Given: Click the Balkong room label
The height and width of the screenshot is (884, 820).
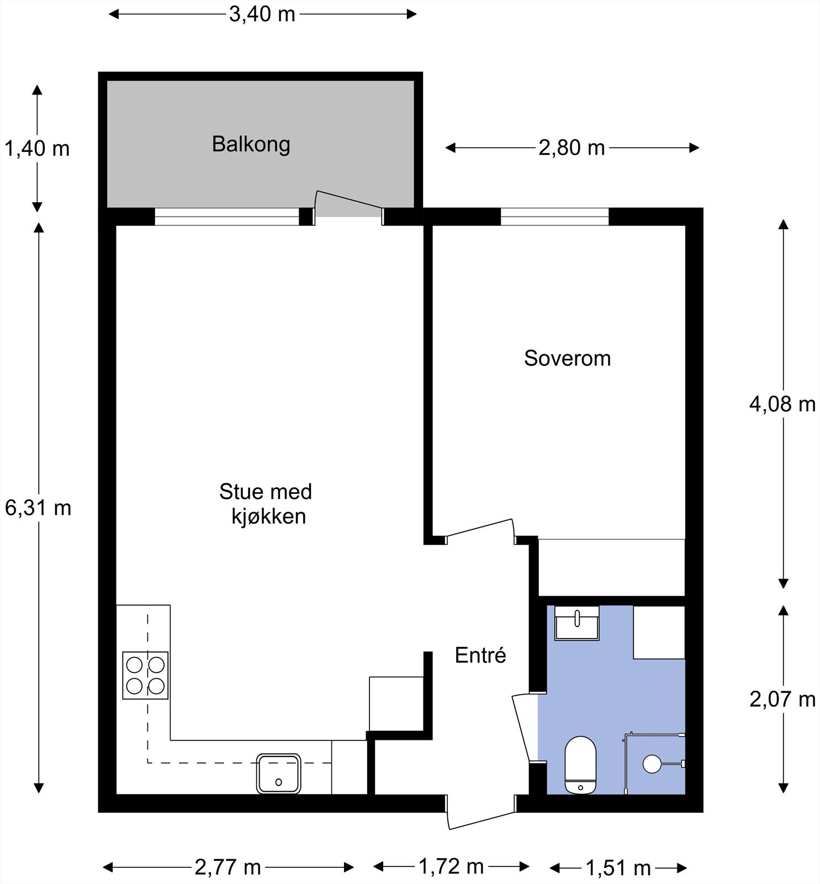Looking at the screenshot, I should click(251, 144).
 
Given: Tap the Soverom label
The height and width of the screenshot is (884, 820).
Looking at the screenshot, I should click(567, 359).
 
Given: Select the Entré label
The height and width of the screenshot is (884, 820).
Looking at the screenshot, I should click(480, 655).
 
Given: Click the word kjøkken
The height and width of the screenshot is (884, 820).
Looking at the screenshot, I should click(268, 517).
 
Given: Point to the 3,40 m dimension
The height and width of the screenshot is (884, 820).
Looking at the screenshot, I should click(262, 14).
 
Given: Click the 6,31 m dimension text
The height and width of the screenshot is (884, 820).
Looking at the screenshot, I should click(38, 508).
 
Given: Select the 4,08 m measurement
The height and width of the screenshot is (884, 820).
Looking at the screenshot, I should click(782, 404).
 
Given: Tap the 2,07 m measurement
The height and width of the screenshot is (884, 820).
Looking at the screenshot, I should click(782, 699).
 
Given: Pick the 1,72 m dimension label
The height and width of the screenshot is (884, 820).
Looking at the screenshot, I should click(451, 866).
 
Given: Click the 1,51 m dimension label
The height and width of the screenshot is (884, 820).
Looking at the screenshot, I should click(618, 868).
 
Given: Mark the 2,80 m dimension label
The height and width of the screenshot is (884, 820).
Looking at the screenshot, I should click(572, 148).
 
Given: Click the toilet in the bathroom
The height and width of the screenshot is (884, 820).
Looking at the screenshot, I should click(580, 765).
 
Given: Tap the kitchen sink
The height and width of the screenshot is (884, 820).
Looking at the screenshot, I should click(279, 773).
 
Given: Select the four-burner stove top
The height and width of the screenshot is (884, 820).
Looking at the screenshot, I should click(145, 675).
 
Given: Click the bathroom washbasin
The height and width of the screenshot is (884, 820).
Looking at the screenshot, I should click(576, 623).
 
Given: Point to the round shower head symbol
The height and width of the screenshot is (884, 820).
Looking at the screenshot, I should click(652, 764).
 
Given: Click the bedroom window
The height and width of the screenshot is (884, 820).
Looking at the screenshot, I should click(554, 217).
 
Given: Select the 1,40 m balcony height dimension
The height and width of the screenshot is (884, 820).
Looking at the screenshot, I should click(37, 149).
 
